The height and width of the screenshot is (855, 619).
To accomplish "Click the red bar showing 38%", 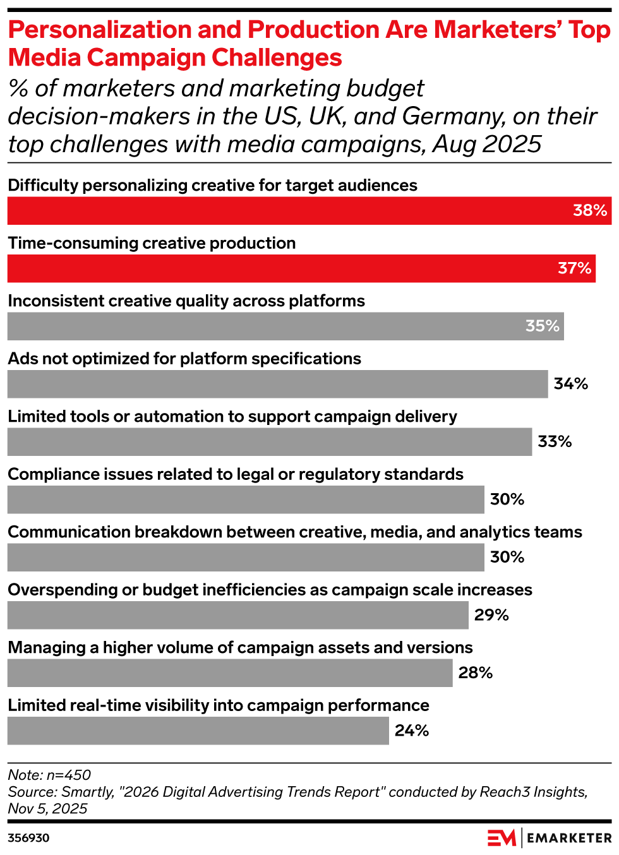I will pyautogui.click(x=309, y=210).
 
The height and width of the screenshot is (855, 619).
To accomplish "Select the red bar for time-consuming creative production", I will pyautogui.click(x=301, y=268).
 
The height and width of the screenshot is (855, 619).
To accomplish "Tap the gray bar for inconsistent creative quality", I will pyautogui.click(x=285, y=326).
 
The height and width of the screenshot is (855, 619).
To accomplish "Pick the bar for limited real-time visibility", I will pyautogui.click(x=198, y=731).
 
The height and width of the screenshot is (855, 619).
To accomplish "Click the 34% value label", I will pyautogui.click(x=570, y=384).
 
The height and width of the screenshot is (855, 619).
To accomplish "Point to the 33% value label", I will pyautogui.click(x=555, y=441).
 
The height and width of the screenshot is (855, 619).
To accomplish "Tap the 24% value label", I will pyautogui.click(x=412, y=731).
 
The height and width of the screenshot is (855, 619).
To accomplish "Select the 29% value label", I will pyautogui.click(x=491, y=615).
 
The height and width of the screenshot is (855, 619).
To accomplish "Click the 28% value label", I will pyautogui.click(x=476, y=673).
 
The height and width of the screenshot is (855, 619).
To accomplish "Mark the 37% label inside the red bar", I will pyautogui.click(x=574, y=268).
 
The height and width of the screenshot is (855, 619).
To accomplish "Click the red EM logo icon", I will pyautogui.click(x=502, y=838).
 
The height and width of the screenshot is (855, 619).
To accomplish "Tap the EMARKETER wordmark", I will pyautogui.click(x=569, y=838).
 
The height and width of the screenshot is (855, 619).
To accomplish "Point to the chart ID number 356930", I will pyautogui.click(x=28, y=838).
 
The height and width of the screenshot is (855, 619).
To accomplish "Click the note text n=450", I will pyautogui.click(x=69, y=775).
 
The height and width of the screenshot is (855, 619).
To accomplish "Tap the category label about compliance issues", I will pyautogui.click(x=236, y=474).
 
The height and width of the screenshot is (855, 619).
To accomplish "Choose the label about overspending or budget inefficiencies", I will pyautogui.click(x=270, y=590).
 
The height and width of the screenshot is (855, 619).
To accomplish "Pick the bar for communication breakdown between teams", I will pyautogui.click(x=246, y=558).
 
